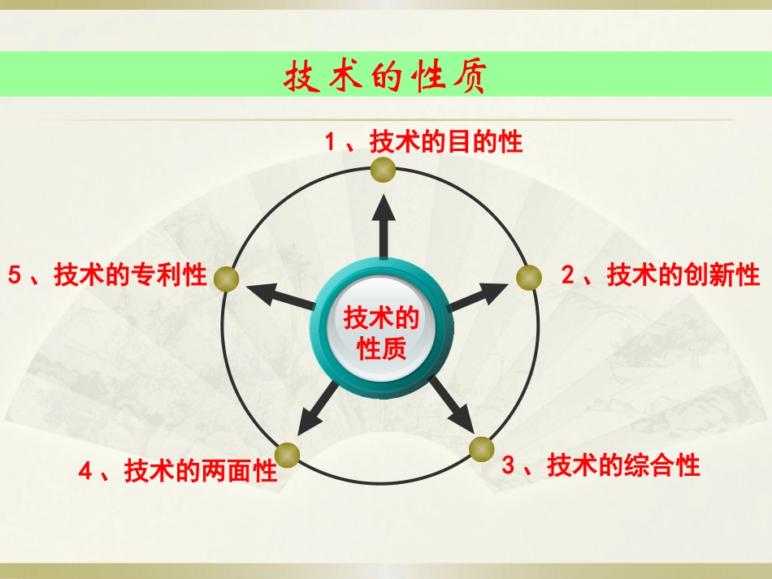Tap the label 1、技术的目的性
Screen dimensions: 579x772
pyautogui.click(x=423, y=143)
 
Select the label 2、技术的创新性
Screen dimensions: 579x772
pyautogui.click(x=660, y=276)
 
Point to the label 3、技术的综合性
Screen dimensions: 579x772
pyautogui.click(x=601, y=466)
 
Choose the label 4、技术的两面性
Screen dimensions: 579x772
pyautogui.click(x=178, y=471)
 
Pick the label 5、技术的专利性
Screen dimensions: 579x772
pyautogui.click(x=107, y=276)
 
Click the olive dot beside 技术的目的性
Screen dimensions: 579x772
pyautogui.click(x=383, y=171)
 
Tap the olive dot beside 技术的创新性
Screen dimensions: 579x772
pyautogui.click(x=529, y=277)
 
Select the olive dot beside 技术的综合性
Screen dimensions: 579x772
pyautogui.click(x=481, y=448)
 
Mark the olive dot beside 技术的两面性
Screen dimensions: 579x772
pyautogui.click(x=287, y=455)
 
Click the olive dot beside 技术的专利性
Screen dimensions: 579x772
pyautogui.click(x=228, y=279)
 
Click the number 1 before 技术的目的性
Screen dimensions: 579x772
pyautogui.click(x=330, y=143)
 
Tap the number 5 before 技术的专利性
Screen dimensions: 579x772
pyautogui.click(x=13, y=276)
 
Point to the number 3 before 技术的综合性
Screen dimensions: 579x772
pyautogui.click(x=509, y=466)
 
